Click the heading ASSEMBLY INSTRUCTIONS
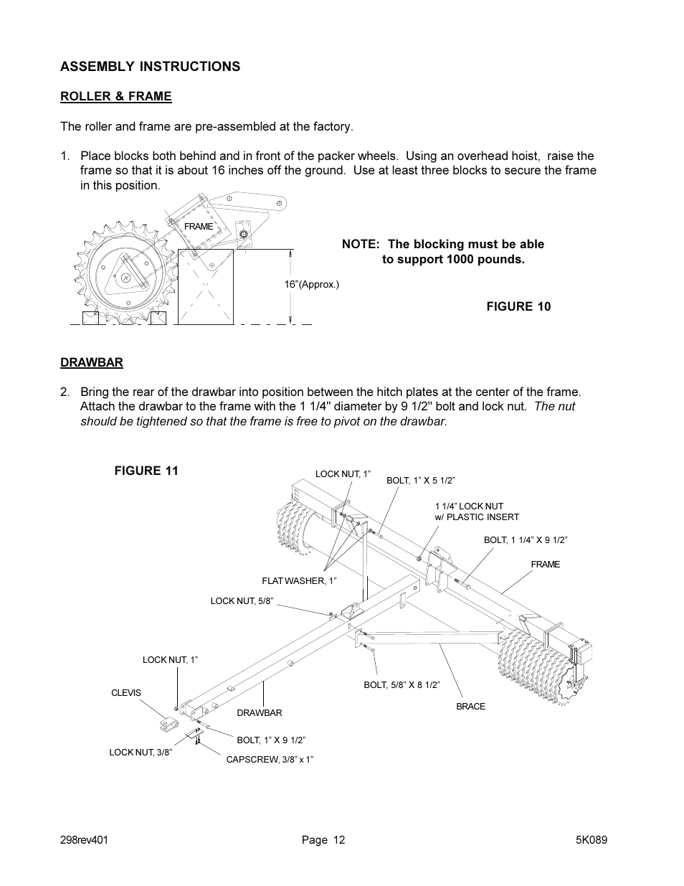pos(150,67)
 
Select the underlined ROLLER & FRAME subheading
pos(115,96)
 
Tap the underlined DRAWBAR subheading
pos(91,362)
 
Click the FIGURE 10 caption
pos(518,306)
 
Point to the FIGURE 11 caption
pos(146,471)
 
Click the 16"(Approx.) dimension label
pos(311,284)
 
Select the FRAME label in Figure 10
pos(199,226)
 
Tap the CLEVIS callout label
pos(125,693)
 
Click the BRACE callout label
pos(470,706)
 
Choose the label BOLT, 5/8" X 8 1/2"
pos(402,685)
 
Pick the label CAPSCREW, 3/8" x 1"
pos(270,759)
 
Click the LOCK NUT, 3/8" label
pos(141,752)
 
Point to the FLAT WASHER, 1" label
pos(299,580)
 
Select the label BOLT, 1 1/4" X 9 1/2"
pos(520,539)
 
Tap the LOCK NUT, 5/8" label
pos(242,600)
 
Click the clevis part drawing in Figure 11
pos(169,724)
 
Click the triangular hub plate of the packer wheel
pos(128,275)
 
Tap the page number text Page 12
pos(323,840)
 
